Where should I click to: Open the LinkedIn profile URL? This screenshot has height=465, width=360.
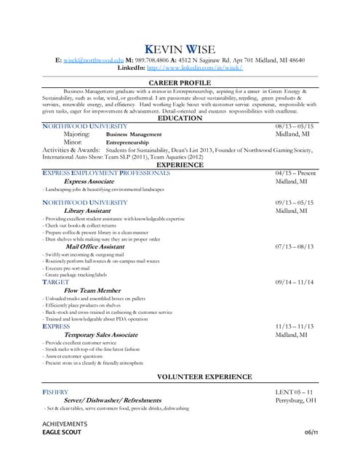coord(194,68)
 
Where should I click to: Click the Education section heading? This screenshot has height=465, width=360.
coord(180,118)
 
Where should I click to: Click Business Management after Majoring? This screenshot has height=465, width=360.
coord(134,134)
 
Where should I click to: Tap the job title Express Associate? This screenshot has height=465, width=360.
coord(89,182)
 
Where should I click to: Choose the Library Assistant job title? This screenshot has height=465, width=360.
coord(87,210)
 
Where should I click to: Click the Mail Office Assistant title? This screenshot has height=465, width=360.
coord(95,246)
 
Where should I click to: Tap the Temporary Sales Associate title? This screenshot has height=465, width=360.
coord(100,335)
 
